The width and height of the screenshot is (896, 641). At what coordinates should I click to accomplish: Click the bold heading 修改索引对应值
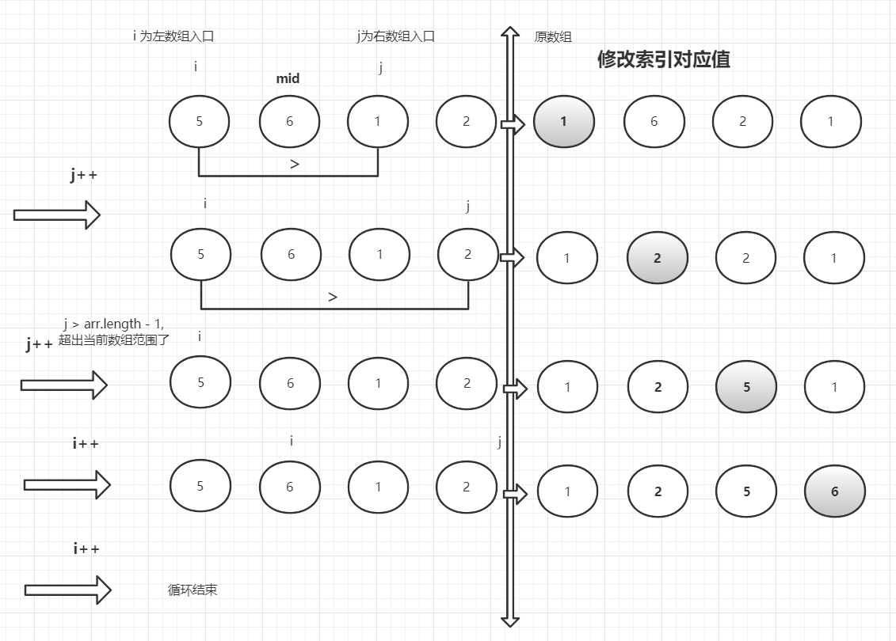pos(663,60)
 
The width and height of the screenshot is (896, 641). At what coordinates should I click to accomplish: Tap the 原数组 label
pos(553,37)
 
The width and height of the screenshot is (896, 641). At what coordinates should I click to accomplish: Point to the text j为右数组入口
pos(395,36)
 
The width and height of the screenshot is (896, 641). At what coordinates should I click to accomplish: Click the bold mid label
pos(288,78)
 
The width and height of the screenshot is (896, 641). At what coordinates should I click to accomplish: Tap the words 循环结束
pos(193,590)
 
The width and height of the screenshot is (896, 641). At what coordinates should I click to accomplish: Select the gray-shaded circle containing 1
pos(564,122)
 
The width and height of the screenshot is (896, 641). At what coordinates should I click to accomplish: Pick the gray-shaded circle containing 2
pos(658,258)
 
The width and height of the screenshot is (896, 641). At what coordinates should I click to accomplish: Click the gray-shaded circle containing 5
pos(746,387)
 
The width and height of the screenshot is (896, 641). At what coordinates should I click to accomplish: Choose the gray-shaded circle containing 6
pos(834,491)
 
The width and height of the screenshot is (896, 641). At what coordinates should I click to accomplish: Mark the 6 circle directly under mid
pos(289,122)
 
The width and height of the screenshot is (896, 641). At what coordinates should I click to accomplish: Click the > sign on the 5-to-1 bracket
pos(295,165)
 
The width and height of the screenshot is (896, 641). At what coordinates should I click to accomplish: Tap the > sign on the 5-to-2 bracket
pos(333,297)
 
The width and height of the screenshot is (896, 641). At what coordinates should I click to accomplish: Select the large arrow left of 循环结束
pos(67,590)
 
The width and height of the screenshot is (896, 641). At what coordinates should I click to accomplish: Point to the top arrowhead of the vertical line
pos(510,36)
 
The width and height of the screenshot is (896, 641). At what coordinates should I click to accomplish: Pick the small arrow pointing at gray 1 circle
pos(513,124)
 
